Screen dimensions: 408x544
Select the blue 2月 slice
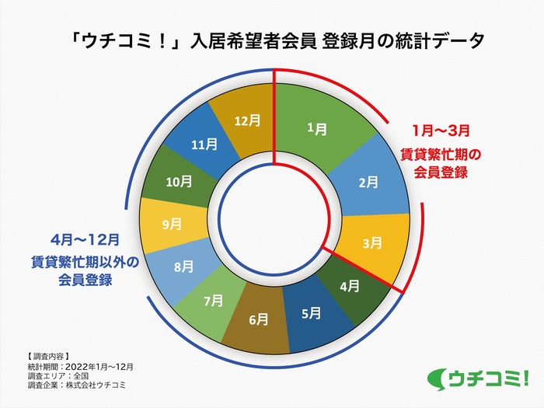(368, 183)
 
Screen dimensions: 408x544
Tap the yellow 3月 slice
(372, 243)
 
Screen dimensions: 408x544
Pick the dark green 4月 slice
(349, 285)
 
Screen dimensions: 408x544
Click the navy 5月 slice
(310, 314)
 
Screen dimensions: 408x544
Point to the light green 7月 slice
(212, 299)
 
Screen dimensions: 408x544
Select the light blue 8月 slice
(183, 267)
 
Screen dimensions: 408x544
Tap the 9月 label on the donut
(173, 224)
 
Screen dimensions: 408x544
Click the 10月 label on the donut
(179, 181)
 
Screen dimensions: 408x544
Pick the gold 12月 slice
(246, 121)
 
